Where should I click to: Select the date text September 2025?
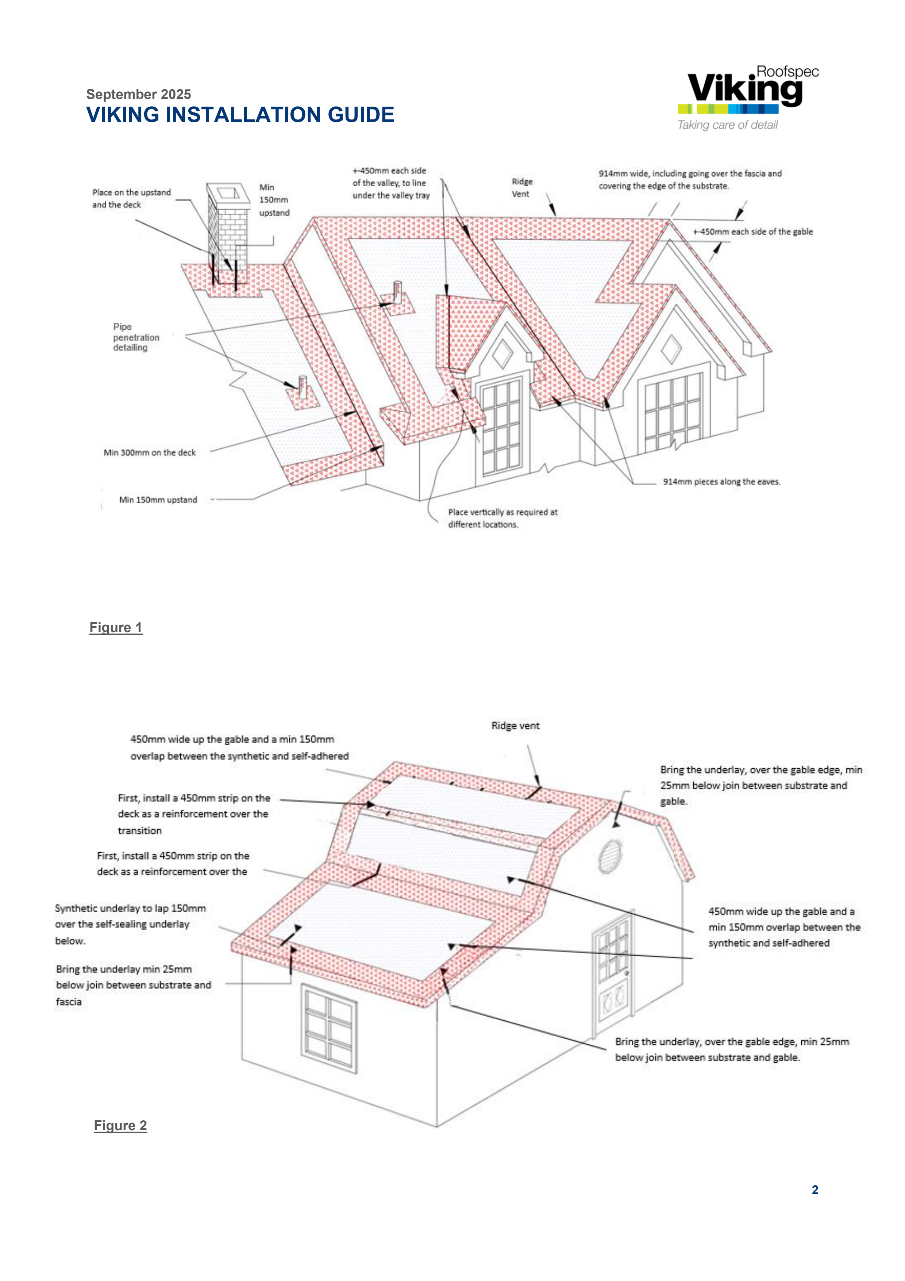[x=138, y=94]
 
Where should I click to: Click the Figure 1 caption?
[x=116, y=628]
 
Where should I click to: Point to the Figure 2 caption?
[x=120, y=1125]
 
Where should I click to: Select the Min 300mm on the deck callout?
[x=150, y=452]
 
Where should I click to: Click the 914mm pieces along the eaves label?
[x=721, y=482]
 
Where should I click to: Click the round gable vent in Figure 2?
[x=610, y=855]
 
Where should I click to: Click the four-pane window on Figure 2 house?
[x=329, y=1028]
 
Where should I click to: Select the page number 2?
[x=814, y=1190]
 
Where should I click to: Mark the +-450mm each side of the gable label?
[x=752, y=232]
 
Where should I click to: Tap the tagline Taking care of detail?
[x=727, y=125]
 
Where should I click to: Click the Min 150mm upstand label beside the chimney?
[x=274, y=200]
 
